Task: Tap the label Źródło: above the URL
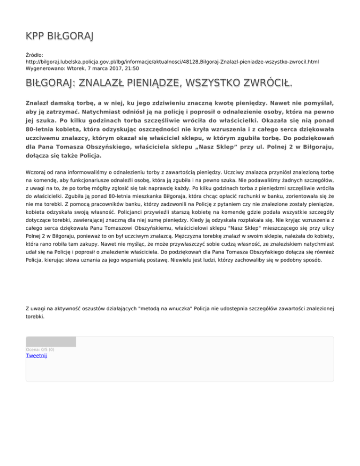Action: click(35, 55)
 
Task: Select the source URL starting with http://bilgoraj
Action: click(172, 61)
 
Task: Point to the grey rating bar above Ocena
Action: click(51, 342)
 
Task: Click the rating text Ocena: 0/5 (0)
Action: click(40, 349)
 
